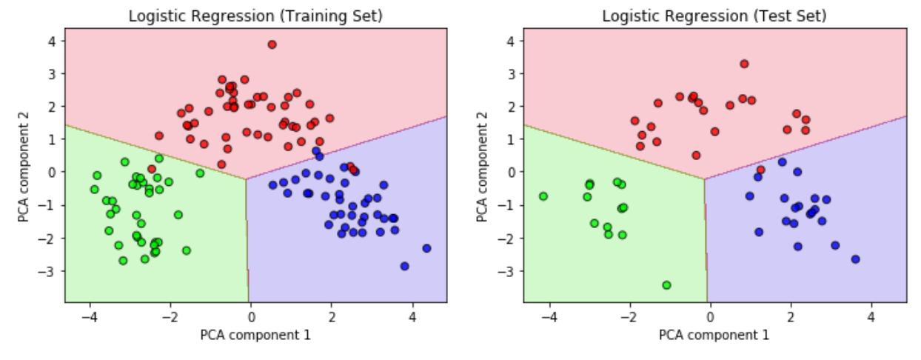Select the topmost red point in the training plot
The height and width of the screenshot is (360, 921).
click(x=272, y=44)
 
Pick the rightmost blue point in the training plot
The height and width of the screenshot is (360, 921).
click(x=426, y=248)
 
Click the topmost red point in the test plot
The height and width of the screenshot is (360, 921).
click(x=744, y=64)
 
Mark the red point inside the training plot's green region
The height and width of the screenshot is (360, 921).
click(x=152, y=169)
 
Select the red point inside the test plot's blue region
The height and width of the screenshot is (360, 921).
click(x=760, y=170)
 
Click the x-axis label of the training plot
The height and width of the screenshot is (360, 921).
click(x=255, y=335)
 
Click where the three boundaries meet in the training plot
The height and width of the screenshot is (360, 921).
click(x=247, y=179)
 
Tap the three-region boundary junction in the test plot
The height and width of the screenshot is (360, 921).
click(x=705, y=179)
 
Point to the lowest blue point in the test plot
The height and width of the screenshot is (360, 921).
click(x=855, y=259)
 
